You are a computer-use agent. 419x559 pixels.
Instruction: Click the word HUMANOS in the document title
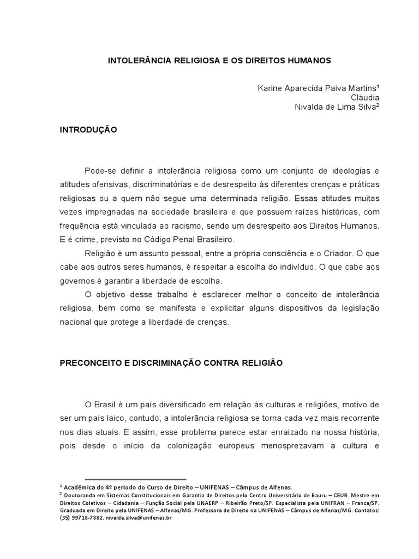[x=308, y=61]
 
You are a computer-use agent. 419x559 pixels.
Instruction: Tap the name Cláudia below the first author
[x=365, y=97]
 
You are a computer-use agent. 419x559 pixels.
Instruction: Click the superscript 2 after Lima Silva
[x=377, y=105]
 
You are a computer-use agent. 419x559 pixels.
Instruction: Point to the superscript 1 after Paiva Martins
[x=378, y=86]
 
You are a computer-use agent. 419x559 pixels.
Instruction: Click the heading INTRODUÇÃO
[x=88, y=130]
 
